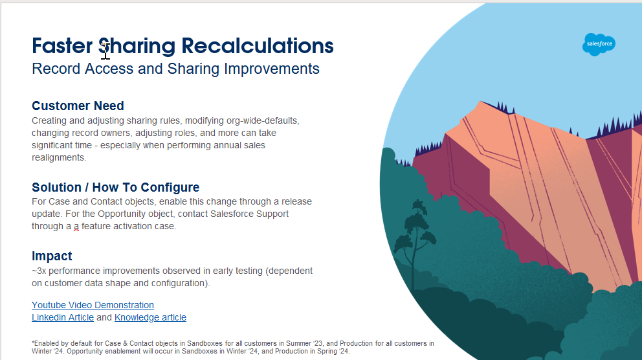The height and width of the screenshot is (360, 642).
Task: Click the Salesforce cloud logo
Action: click(x=599, y=44)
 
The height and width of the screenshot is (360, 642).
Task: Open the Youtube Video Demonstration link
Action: click(x=93, y=305)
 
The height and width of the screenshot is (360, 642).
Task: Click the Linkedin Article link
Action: click(x=63, y=317)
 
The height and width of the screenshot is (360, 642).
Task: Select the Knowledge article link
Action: click(x=150, y=317)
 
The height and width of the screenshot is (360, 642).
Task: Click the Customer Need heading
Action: click(x=78, y=106)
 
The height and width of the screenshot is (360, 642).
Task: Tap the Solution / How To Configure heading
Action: click(x=115, y=187)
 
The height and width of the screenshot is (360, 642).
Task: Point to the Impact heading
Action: click(x=52, y=256)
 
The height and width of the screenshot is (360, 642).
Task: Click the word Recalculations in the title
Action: click(x=258, y=46)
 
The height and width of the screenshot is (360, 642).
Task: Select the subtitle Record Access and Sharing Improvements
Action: click(x=175, y=69)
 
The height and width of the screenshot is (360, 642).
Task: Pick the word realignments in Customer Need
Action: click(x=59, y=157)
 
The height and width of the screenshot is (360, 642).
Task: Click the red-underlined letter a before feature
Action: click(x=76, y=226)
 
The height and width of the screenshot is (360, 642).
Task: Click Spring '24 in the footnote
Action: click(x=333, y=351)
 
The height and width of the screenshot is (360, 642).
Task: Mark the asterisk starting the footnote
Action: click(x=33, y=343)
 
